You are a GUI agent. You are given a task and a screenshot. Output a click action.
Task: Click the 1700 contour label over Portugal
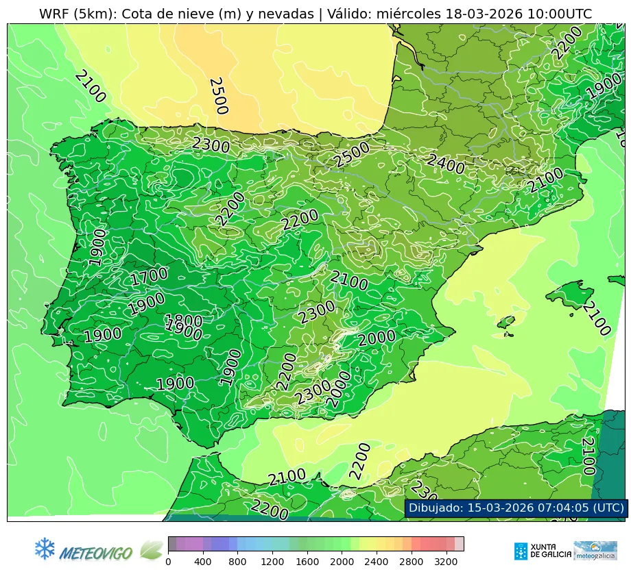coord(149,277)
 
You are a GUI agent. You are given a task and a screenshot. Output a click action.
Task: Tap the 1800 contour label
coord(184,321)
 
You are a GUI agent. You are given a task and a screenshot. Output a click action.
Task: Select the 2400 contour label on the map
coord(446,164)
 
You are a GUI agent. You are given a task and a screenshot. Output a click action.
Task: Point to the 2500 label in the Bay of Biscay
coord(217,95)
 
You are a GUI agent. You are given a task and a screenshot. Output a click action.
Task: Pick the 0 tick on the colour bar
coord(168,562)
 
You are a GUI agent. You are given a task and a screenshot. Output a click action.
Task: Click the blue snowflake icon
coord(45,548)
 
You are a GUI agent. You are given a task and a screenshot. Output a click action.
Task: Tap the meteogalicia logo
coord(595,551)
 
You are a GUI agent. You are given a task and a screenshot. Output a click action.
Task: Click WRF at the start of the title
coord(53,14)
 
